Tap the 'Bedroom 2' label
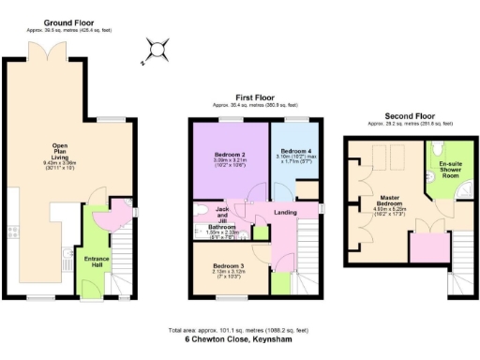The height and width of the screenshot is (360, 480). (231, 154)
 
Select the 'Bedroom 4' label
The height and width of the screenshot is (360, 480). (295, 152)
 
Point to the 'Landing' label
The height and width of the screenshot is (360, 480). (285, 213)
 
